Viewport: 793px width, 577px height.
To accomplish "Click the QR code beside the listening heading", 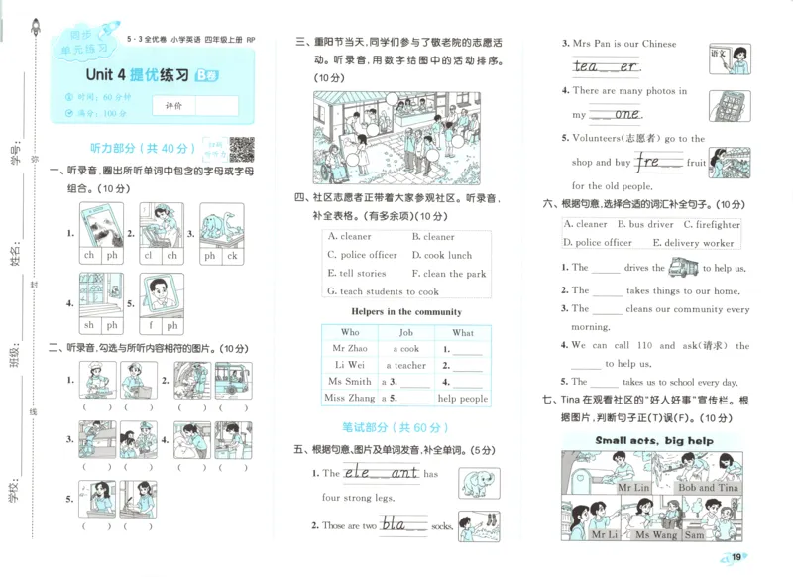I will point(241,150).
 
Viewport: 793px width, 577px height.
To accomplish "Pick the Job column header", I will point(405,333).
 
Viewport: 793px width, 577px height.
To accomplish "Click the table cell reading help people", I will point(463,399).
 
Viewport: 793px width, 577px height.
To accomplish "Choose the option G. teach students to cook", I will point(383,291).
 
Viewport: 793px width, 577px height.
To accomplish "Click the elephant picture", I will point(479,483).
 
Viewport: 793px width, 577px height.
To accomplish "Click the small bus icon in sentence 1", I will point(683,267).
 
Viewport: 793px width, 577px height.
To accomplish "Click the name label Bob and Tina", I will point(707,488).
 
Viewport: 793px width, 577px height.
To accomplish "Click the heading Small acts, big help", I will point(654,440).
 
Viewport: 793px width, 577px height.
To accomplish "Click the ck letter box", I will point(233,256).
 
